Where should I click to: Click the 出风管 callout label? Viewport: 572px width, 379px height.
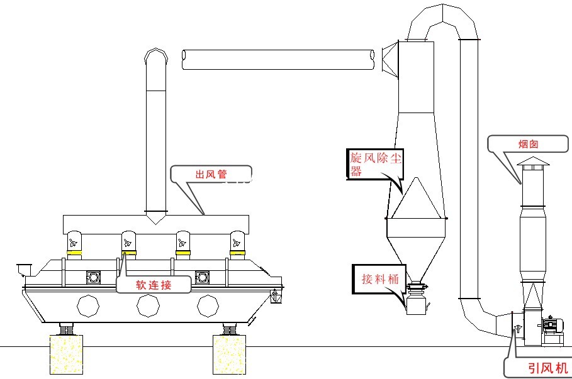tap(211, 175)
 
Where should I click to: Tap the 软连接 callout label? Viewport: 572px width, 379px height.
tap(154, 284)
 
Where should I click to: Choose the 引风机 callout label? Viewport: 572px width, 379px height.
tap(540, 368)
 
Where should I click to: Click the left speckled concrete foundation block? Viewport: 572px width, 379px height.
tap(66, 355)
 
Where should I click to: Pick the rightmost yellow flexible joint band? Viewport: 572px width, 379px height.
tap(237, 254)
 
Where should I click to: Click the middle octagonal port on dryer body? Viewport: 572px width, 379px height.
tap(149, 306)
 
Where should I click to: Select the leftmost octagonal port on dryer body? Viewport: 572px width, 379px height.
tap(88, 306)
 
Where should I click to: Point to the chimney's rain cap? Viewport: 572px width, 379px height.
tap(533, 163)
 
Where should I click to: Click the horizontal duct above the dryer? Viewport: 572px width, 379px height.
tap(278, 59)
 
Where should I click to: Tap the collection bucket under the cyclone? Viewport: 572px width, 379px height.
tap(415, 305)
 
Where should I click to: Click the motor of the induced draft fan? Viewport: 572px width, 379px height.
tap(554, 325)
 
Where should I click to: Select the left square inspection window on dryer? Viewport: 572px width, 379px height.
tap(94, 277)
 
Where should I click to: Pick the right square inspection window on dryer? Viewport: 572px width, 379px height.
tap(202, 277)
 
